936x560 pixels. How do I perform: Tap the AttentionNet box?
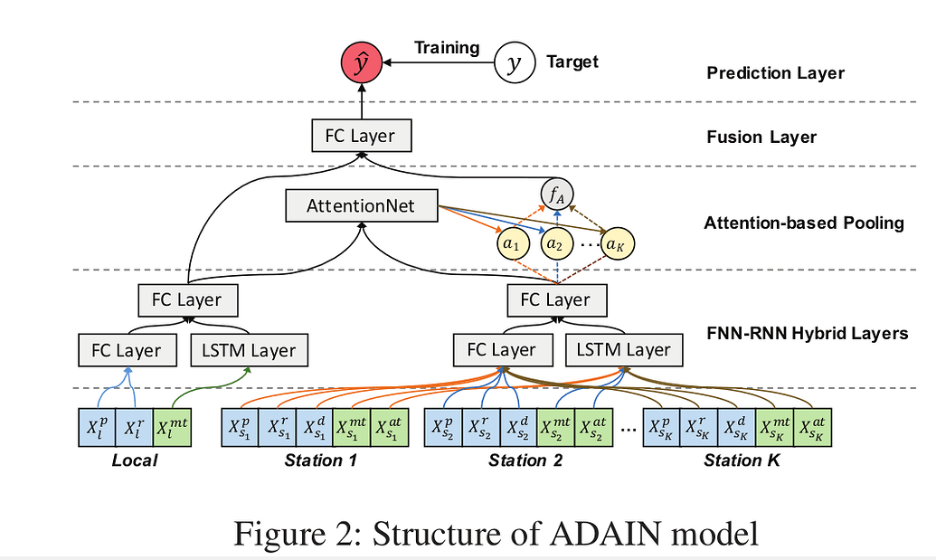click(361, 206)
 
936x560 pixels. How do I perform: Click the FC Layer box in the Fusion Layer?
click(360, 137)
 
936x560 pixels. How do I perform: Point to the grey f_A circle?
click(558, 193)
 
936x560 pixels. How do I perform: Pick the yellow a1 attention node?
click(512, 243)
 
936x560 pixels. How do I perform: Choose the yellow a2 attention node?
click(558, 243)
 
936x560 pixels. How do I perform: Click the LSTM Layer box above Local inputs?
click(249, 350)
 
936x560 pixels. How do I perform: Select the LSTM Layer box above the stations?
click(624, 350)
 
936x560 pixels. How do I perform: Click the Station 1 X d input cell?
click(314, 428)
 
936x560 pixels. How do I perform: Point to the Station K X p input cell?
click(662, 428)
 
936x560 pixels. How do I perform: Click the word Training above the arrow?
click(447, 48)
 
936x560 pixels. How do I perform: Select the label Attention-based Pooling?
click(804, 223)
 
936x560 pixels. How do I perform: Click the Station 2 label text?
click(525, 460)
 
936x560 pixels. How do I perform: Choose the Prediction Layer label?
click(775, 72)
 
